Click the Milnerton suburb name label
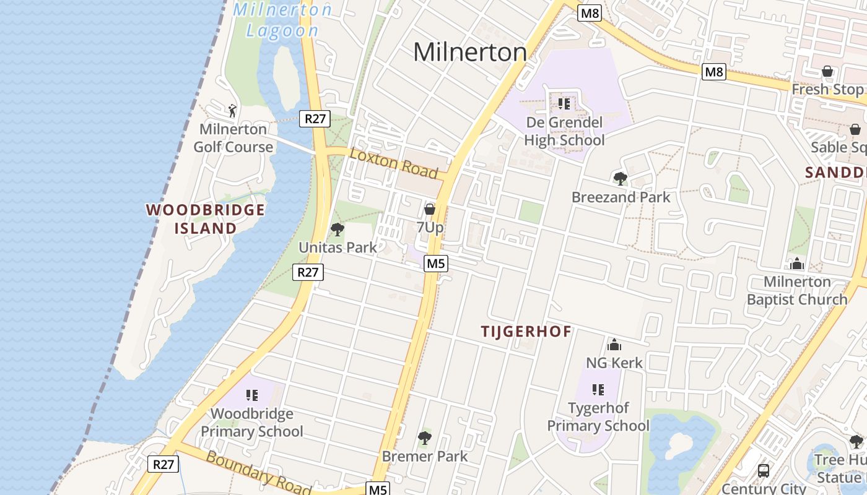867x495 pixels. [470, 52]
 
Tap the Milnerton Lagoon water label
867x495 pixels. [282, 20]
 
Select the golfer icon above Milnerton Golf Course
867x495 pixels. [232, 111]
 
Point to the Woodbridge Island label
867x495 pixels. [206, 219]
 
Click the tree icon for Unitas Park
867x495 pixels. [338, 230]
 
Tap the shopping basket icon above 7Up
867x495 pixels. [430, 210]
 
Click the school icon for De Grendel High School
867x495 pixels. [564, 103]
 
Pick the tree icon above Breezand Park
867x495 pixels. [620, 179]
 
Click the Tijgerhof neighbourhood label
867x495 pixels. [526, 332]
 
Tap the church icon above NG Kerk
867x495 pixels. [614, 345]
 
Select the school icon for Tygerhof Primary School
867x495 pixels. [598, 390]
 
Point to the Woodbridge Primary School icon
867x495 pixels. [251, 395]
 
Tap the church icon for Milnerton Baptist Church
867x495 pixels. [797, 264]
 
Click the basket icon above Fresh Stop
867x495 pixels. [827, 72]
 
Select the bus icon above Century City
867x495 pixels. [764, 470]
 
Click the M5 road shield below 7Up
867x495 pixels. [436, 264]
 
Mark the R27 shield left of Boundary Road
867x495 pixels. [163, 464]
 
